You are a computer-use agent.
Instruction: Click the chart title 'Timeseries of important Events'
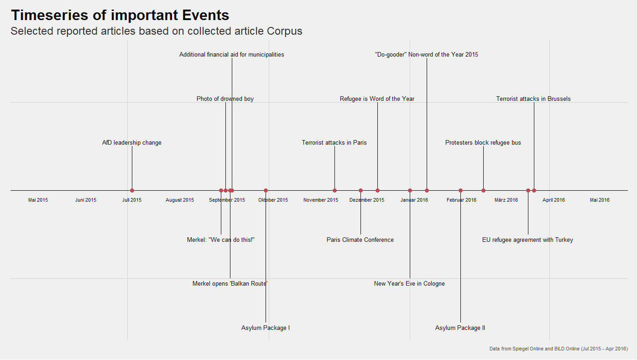(x=120, y=15)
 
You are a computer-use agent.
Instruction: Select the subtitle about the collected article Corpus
(x=156, y=31)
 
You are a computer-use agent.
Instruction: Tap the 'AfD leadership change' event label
(x=132, y=143)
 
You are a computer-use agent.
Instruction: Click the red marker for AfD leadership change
(x=132, y=190)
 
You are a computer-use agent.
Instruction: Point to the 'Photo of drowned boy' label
(x=225, y=99)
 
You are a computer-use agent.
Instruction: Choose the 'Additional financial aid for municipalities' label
(x=231, y=55)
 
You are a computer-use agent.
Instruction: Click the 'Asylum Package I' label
(x=266, y=328)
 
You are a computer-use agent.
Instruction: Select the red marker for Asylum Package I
(x=266, y=190)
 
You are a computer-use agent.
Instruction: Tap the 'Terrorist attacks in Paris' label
(x=334, y=143)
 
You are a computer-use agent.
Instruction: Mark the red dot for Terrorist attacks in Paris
(x=334, y=190)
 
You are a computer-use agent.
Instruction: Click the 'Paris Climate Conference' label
(x=360, y=240)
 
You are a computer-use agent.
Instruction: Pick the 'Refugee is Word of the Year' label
(x=377, y=99)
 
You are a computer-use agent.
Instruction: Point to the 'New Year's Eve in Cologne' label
(x=409, y=284)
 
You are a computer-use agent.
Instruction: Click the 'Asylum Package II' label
(x=460, y=328)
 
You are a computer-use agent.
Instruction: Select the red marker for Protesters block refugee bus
(x=483, y=190)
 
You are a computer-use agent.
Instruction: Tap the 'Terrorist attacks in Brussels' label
(x=533, y=99)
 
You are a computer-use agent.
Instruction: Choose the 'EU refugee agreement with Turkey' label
(x=527, y=240)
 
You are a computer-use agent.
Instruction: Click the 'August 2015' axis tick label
(x=180, y=200)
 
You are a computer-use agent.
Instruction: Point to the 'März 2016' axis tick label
(x=506, y=200)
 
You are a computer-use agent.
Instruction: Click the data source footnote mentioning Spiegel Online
(x=559, y=349)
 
